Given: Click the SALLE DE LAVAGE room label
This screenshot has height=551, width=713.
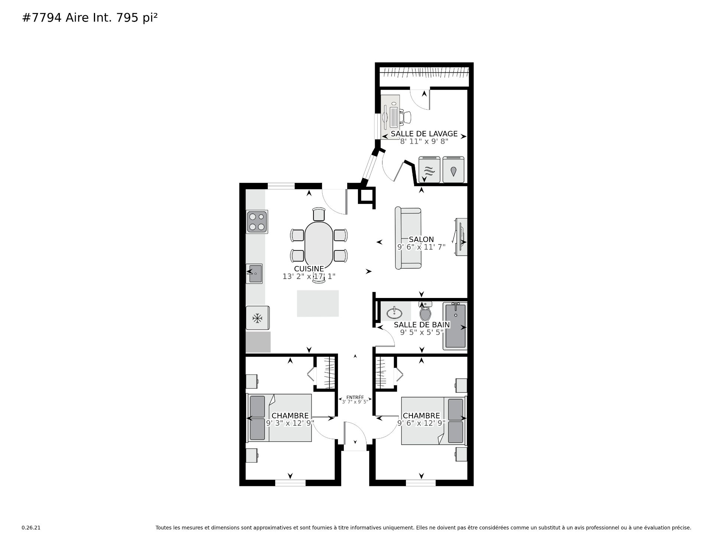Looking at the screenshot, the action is [x=424, y=134].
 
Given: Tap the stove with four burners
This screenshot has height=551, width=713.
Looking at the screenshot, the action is [x=257, y=222].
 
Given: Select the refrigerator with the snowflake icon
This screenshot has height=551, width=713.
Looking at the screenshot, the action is [x=257, y=318].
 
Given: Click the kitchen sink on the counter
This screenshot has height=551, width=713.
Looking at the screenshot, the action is [x=254, y=273].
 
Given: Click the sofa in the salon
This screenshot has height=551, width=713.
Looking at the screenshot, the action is [x=408, y=238].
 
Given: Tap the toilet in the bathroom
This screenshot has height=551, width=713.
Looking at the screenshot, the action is [x=425, y=311].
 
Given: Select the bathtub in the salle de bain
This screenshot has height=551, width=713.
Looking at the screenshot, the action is [x=455, y=326].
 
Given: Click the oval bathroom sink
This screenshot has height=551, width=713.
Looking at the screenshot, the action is [x=394, y=313].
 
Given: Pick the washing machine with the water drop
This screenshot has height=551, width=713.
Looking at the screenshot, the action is [x=453, y=170].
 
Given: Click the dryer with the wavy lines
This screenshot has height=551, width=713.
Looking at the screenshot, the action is [x=429, y=170].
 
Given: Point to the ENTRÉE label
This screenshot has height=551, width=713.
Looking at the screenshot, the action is [x=355, y=397].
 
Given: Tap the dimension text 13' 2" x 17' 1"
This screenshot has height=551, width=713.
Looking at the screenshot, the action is [x=309, y=276].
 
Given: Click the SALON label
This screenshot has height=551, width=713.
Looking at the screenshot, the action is [x=421, y=240].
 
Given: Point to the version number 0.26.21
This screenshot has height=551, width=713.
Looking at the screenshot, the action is [x=31, y=528].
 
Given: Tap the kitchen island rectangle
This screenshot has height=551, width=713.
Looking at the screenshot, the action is [x=318, y=304].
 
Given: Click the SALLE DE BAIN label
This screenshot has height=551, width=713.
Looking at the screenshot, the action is [x=422, y=325].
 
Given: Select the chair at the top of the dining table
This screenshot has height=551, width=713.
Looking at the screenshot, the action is [x=319, y=214].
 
